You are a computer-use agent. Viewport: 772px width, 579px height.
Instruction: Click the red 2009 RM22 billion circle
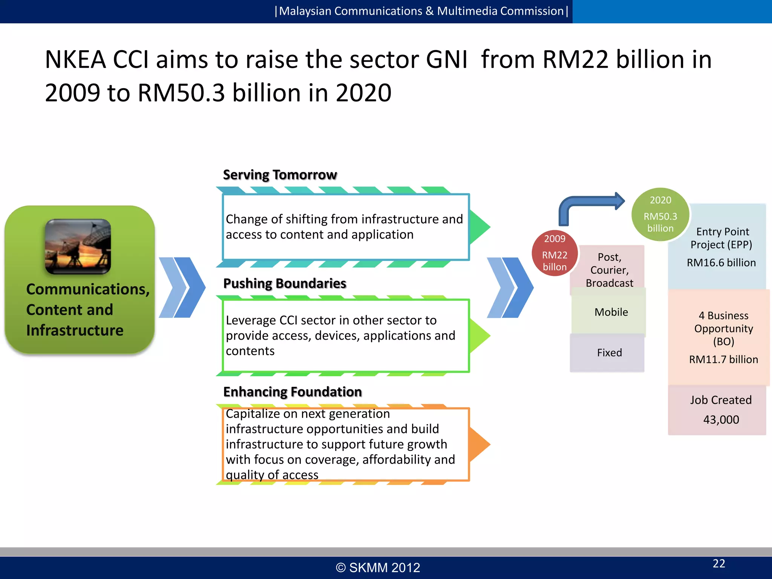pyautogui.click(x=554, y=253)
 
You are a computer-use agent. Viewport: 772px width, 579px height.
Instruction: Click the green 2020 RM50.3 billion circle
pyautogui.click(x=660, y=214)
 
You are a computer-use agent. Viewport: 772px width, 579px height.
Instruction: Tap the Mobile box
pyautogui.click(x=611, y=312)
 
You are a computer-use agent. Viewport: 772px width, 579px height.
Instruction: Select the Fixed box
pyautogui.click(x=609, y=353)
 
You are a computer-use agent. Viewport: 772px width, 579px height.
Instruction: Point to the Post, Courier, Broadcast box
pyautogui.click(x=609, y=270)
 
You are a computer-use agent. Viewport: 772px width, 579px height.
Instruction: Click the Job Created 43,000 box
pyautogui.click(x=720, y=410)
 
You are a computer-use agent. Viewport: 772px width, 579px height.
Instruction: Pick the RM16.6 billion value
pyautogui.click(x=721, y=263)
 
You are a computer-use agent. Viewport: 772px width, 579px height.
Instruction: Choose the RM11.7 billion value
pyautogui.click(x=723, y=360)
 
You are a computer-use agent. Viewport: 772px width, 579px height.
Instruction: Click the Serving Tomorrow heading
pyautogui.click(x=280, y=175)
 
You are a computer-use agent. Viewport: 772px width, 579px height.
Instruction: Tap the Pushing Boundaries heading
pyautogui.click(x=285, y=283)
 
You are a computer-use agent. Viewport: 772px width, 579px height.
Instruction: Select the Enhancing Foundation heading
pyautogui.click(x=293, y=392)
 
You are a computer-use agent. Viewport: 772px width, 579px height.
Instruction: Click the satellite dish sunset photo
pyautogui.click(x=78, y=247)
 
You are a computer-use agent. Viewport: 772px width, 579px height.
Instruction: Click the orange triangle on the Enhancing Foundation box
pyautogui.click(x=479, y=444)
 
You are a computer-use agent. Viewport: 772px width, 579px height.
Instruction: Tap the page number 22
pyautogui.click(x=719, y=564)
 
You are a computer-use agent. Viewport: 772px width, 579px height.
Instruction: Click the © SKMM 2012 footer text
pyautogui.click(x=378, y=568)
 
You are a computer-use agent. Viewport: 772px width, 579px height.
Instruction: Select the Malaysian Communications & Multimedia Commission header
pyautogui.click(x=421, y=11)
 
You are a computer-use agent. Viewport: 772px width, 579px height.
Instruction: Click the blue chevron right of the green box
pyautogui.click(x=182, y=288)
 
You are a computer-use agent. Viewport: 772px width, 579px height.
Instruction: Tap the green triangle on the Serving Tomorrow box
pyautogui.click(x=479, y=227)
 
